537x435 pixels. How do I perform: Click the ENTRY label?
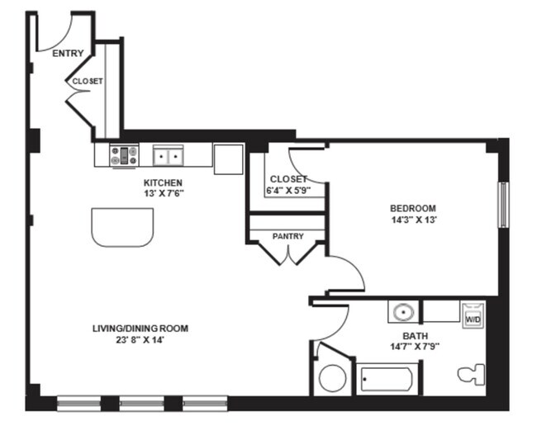point(68,54)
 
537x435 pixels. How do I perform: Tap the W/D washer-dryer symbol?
point(473,315)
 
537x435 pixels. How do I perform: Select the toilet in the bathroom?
point(472,375)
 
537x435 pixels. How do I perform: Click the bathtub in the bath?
point(387,379)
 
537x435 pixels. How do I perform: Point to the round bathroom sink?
point(403,312)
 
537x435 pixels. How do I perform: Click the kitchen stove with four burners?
point(124,156)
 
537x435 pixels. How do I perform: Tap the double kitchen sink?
point(168,156)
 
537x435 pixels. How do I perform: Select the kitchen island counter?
point(122,227)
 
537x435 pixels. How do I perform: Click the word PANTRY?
point(288,236)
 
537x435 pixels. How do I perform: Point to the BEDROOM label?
point(413,208)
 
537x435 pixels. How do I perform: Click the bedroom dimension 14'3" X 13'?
point(414,220)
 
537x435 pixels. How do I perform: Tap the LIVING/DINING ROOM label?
point(140,329)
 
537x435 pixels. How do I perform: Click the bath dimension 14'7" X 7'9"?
point(415,347)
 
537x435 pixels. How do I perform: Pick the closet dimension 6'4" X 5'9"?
point(288,191)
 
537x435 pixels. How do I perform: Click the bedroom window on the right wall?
point(503,205)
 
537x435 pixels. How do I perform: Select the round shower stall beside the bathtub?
point(332,378)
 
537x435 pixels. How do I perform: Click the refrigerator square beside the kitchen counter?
point(229,159)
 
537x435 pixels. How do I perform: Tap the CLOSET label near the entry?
point(88,82)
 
